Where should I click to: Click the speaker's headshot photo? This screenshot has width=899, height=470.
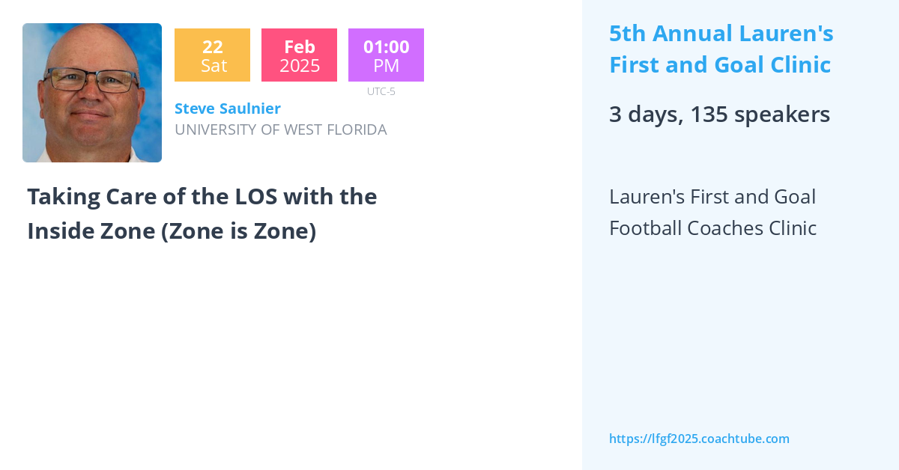92,93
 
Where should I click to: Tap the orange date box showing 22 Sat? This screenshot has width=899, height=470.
212,55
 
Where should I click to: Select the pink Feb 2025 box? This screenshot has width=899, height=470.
299,55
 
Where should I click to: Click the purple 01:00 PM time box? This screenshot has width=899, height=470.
386,55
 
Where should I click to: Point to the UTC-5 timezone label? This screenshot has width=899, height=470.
381,91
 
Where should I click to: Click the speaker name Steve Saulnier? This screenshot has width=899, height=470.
228,109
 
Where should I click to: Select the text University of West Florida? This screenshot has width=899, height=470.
280,129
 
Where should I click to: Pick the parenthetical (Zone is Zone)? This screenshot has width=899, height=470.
238,231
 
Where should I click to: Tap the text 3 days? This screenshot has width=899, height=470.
643,115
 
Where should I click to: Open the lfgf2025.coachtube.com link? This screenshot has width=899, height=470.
699,439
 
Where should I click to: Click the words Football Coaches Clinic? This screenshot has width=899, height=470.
712,228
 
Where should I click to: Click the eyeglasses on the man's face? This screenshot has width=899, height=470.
91,79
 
